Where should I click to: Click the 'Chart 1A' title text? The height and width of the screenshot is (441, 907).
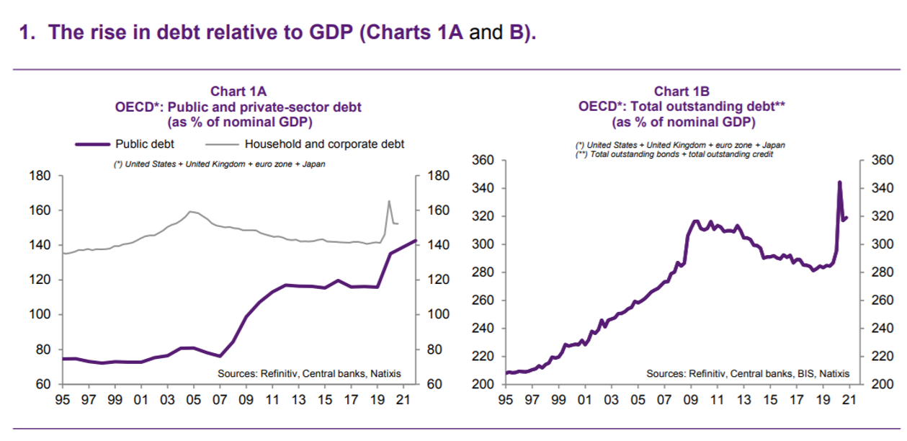pos(238,92)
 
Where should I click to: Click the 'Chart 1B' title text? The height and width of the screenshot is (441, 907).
pos(682,92)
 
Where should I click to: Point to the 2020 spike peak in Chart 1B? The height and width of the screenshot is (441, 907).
pos(839,182)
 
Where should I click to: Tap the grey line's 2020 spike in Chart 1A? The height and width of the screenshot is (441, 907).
pos(389,201)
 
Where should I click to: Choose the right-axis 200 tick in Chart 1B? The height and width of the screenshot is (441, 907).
pos(881,384)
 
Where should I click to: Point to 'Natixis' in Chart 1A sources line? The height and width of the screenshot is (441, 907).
pos(385,374)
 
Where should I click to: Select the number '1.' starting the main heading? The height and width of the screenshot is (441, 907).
pos(28,33)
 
